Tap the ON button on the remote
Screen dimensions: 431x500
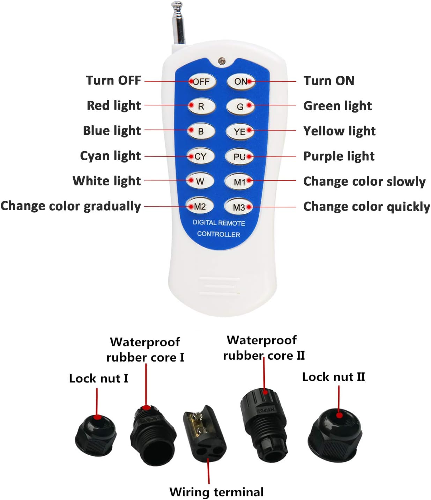tap(241, 81)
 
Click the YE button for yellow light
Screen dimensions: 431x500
tap(240, 132)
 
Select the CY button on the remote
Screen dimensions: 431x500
tap(200, 156)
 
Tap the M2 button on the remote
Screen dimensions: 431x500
tap(200, 206)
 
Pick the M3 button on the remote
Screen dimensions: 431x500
tap(239, 207)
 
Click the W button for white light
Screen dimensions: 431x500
tap(200, 181)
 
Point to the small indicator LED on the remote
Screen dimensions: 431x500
tap(222, 61)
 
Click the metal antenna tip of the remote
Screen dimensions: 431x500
tap(177, 4)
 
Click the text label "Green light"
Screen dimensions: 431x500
tap(337, 106)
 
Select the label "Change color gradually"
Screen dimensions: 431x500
tap(70, 206)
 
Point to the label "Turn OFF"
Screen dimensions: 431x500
tap(113, 80)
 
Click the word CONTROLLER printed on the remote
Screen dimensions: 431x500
tap(218, 234)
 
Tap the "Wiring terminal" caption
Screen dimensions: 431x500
tap(216, 492)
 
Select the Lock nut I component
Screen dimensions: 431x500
tap(96, 435)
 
